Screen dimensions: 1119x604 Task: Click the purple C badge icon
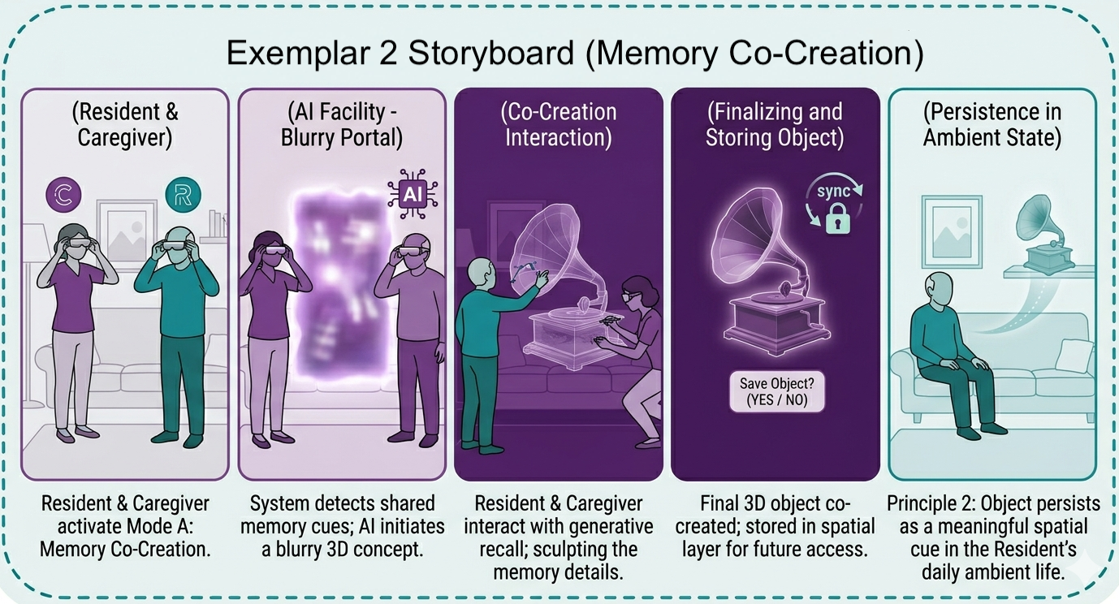click(63, 194)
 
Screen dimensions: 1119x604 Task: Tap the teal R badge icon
click(184, 195)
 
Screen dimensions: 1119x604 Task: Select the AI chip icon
click(413, 194)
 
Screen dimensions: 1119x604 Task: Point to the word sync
click(834, 191)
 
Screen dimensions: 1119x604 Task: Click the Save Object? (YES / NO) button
click(777, 391)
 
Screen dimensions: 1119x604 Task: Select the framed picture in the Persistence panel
click(952, 231)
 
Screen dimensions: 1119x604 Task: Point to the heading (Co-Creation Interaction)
click(559, 125)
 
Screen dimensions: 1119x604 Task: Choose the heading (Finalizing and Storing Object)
click(775, 125)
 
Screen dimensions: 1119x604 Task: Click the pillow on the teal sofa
click(1074, 356)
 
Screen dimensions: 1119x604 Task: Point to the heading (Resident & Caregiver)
click(125, 125)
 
